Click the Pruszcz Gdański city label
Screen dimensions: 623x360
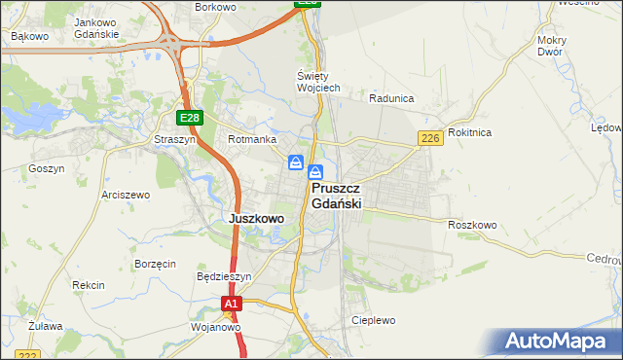[337, 196]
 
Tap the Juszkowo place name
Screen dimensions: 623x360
[256, 219]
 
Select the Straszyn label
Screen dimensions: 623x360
[175, 140]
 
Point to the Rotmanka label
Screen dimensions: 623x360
[252, 140]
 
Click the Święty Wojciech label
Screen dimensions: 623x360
[318, 82]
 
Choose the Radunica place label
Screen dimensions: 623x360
[392, 98]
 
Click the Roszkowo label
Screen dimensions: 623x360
[473, 225]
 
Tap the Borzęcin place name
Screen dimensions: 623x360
[155, 264]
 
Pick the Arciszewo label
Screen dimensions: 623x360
[126, 195]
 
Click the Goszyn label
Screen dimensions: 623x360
[47, 168]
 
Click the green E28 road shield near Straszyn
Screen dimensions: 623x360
[190, 118]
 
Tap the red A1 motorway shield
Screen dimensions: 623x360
[230, 305]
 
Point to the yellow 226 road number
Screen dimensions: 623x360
[431, 139]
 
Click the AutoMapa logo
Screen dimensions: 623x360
[560, 342]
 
